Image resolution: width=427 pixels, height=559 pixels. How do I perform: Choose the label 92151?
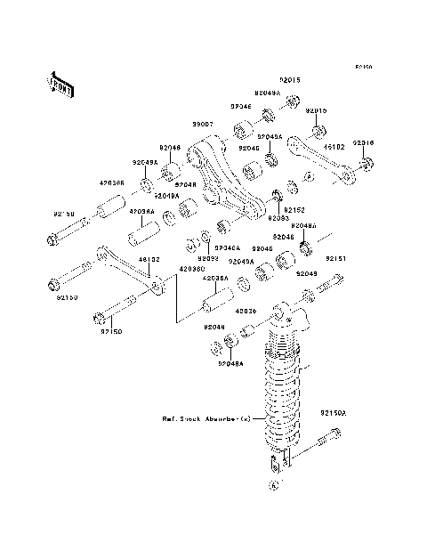[334, 258]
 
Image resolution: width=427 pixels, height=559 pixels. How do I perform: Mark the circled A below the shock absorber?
[274, 485]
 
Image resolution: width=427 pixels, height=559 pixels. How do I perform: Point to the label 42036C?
[192, 266]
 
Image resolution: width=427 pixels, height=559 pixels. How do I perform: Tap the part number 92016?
[363, 142]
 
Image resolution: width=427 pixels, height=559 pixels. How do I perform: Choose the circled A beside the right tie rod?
[309, 179]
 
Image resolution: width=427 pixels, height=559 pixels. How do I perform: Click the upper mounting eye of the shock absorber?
[282, 311]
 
